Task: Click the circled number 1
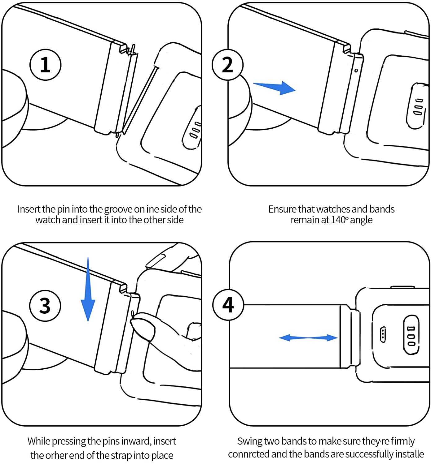pyautogui.click(x=45, y=65)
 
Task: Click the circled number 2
pyautogui.click(x=227, y=65)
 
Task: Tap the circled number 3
pyautogui.click(x=45, y=306)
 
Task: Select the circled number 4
pyautogui.click(x=228, y=305)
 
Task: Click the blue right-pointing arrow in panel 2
pyautogui.click(x=275, y=87)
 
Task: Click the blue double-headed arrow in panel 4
pyautogui.click(x=308, y=337)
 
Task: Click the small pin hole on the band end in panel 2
pyautogui.click(x=356, y=71)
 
